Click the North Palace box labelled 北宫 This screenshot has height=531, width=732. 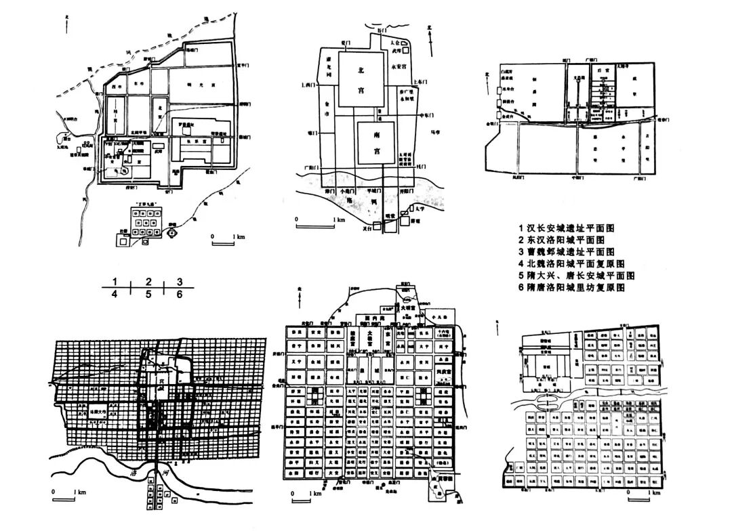pyautogui.click(x=361, y=77)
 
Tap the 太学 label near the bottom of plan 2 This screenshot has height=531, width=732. pyautogui.click(x=421, y=218)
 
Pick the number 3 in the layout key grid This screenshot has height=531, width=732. pyautogui.click(x=180, y=281)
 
